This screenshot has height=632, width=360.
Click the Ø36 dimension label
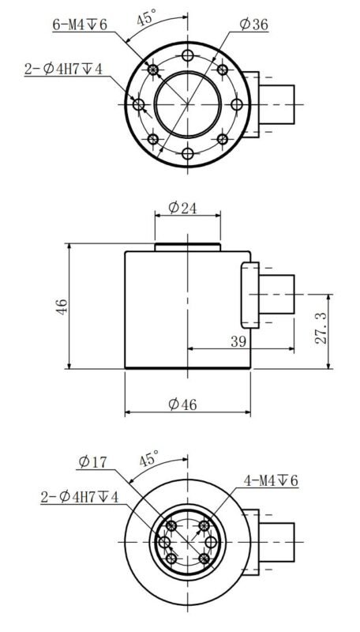tap(253, 25)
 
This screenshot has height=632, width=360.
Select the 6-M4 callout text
tap(80, 25)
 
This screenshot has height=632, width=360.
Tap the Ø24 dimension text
tap(182, 208)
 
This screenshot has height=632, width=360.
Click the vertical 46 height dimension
tap(62, 307)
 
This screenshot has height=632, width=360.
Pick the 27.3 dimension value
tap(321, 327)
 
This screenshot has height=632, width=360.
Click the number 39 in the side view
tap(238, 341)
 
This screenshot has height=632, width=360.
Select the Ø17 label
tap(93, 462)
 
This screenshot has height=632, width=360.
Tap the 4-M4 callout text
tap(271, 480)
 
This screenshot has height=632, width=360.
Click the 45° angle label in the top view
tap(146, 18)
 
